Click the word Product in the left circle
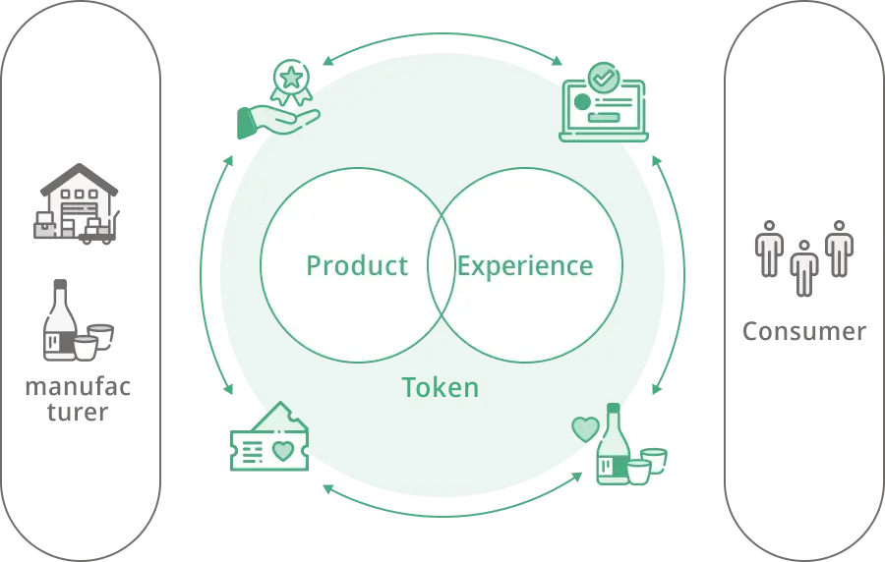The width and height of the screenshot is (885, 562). coord(357,266)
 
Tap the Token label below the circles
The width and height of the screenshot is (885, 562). coord(441,388)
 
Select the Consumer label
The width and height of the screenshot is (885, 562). coord(803,331)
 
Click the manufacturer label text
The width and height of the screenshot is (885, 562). coord(78,399)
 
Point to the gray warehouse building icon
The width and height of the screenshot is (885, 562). coord(77,204)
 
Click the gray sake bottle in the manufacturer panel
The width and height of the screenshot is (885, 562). coord(60,319)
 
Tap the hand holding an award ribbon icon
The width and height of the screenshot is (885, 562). coord(278,98)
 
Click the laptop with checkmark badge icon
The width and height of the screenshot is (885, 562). coord(604,102)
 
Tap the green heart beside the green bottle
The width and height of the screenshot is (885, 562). coord(585,429)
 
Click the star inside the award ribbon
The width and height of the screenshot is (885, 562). coord(291,78)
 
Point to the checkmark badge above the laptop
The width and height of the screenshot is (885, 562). coord(604,78)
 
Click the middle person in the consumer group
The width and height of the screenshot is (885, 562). coord(804,268)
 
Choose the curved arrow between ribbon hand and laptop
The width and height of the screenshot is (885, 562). coord(442,33)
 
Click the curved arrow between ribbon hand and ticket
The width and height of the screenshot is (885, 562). coord(201,273)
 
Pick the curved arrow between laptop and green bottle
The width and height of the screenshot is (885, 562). coord(684,275)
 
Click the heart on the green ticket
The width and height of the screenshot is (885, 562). coord(283,451)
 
